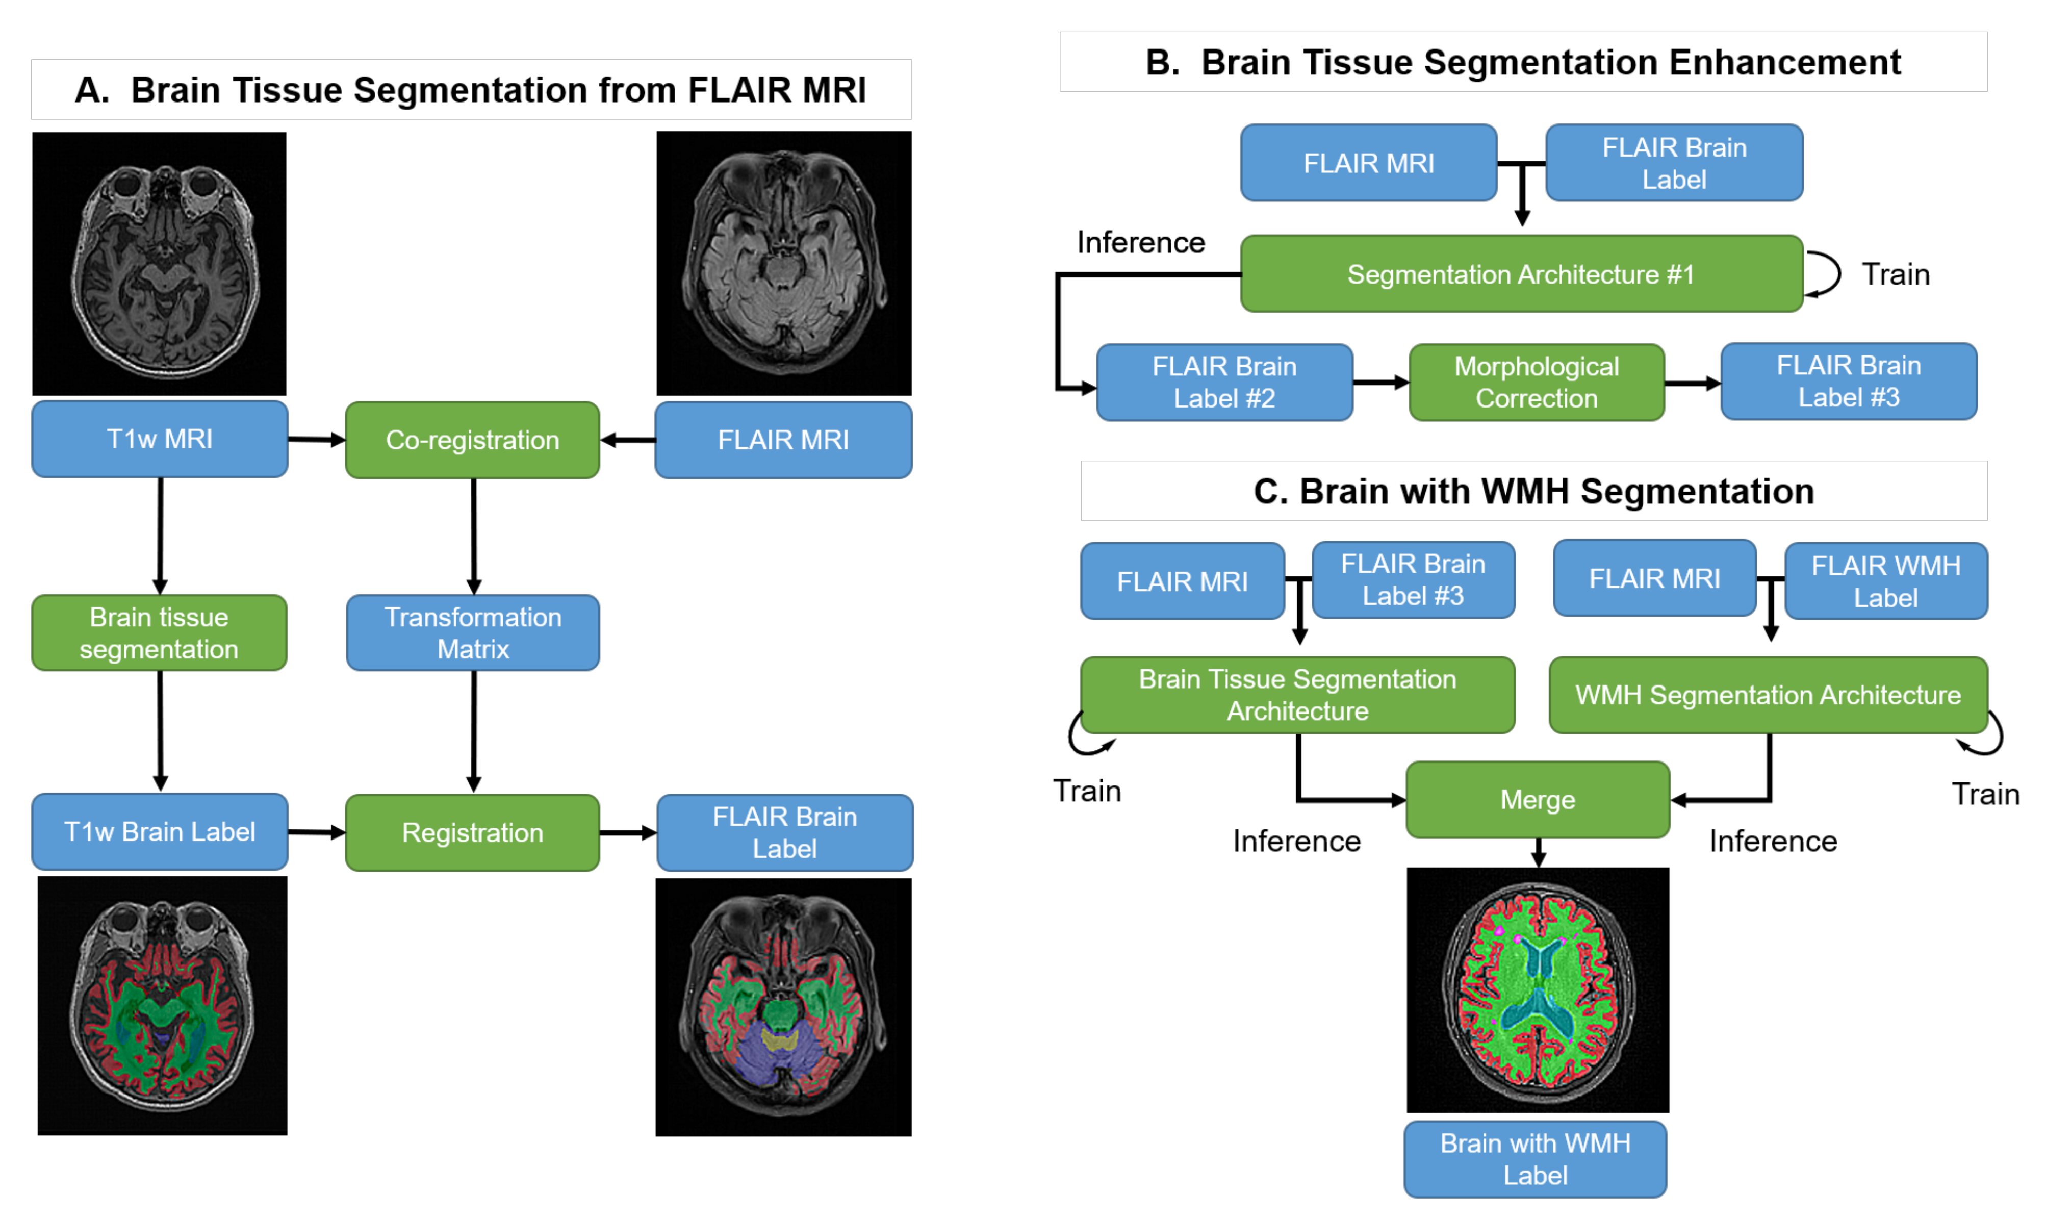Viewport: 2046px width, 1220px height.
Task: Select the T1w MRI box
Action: click(x=160, y=439)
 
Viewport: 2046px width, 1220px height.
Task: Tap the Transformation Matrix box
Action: click(x=473, y=632)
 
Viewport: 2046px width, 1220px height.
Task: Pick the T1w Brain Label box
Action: click(x=160, y=831)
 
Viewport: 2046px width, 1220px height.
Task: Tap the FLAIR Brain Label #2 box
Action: click(x=1224, y=383)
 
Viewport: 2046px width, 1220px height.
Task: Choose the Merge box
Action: click(x=1537, y=799)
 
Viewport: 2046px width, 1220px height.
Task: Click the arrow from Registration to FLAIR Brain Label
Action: click(x=627, y=833)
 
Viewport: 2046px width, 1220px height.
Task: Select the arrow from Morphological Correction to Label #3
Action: click(x=1692, y=383)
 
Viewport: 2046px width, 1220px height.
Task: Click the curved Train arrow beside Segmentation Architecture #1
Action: click(x=1825, y=274)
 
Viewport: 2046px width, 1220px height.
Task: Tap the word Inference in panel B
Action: click(x=1140, y=242)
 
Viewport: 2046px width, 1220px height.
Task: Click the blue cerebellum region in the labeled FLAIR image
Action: click(x=760, y=1060)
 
